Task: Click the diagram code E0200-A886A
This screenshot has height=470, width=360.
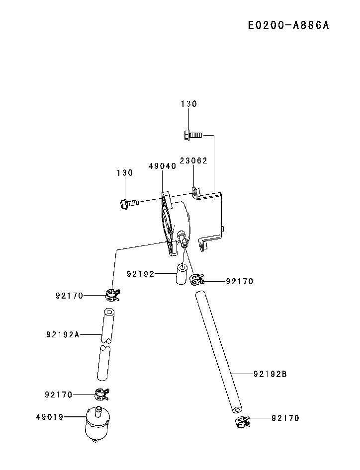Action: tap(289, 25)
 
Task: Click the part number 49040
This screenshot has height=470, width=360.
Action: tap(162, 166)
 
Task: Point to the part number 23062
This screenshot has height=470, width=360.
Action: tap(193, 161)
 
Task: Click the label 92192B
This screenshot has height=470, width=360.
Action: tap(270, 374)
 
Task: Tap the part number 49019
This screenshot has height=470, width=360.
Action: tap(50, 417)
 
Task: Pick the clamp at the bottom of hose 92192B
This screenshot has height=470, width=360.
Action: tap(242, 422)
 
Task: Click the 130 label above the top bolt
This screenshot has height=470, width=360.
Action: tap(188, 104)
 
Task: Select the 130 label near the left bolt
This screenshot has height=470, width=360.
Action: tap(125, 173)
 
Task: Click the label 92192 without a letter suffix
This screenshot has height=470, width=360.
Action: tap(141, 274)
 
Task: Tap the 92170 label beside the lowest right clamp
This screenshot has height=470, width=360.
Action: tap(285, 418)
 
